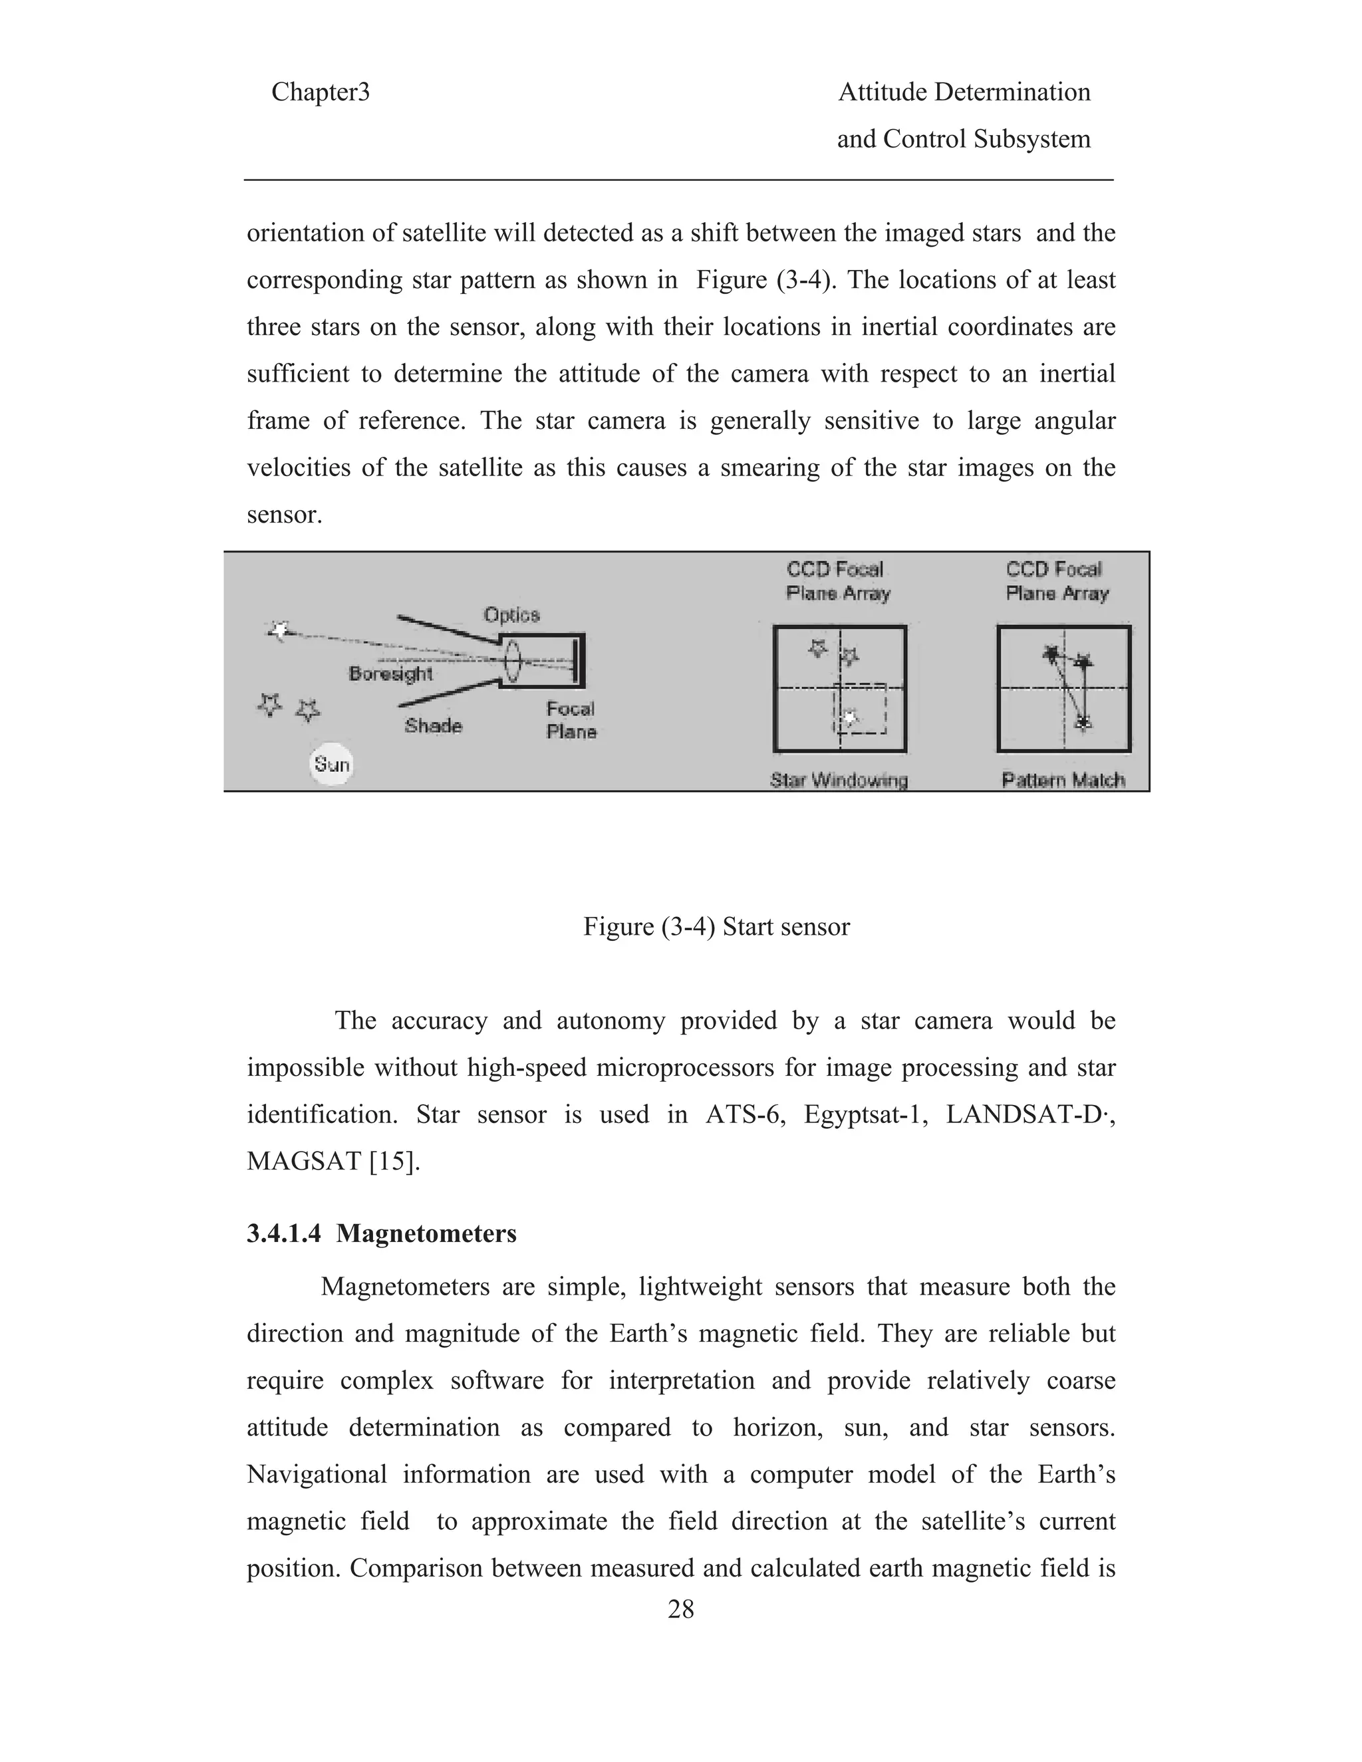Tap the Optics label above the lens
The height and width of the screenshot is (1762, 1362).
(511, 615)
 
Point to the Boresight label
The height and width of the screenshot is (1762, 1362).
(390, 674)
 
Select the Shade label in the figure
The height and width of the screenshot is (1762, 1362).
(434, 725)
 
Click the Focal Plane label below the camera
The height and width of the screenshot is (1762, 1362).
(571, 721)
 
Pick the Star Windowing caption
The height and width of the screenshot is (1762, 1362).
(839, 780)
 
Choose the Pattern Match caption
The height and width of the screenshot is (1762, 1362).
(1063, 780)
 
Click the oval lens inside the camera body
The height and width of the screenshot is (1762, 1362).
(511, 661)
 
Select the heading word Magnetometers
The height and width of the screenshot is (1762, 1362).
(426, 1233)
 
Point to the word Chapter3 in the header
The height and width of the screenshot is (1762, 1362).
(321, 92)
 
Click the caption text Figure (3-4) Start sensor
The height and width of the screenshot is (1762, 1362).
(716, 926)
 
